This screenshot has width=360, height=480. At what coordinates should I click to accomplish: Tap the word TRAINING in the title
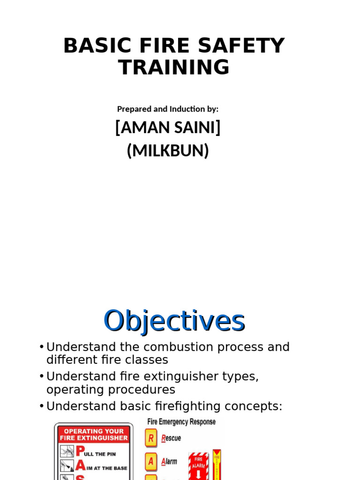174,67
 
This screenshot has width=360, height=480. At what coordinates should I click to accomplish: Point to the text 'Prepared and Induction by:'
168,109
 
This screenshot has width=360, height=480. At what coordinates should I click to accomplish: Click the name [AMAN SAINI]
168,128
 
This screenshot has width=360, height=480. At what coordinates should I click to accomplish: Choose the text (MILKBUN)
168,151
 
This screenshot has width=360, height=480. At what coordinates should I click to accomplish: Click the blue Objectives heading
174,322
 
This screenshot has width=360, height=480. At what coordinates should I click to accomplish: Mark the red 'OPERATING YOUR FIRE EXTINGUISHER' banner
94,435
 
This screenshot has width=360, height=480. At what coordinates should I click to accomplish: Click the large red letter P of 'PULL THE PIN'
80,452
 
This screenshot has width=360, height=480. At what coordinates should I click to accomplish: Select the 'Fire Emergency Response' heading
181,422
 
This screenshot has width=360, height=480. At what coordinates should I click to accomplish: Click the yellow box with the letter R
151,439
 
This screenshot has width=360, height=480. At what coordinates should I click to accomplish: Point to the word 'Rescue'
171,439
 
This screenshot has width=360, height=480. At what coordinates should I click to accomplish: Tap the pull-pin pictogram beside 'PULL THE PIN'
67,452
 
